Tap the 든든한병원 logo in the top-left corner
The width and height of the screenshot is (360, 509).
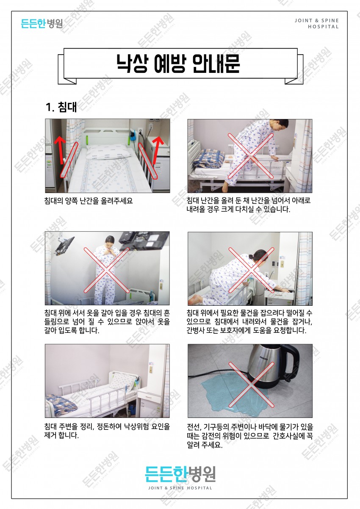pyautogui.click(x=42, y=23)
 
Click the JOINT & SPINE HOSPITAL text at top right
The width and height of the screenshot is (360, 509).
pyautogui.click(x=317, y=23)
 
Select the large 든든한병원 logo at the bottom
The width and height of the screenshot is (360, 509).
pyautogui.click(x=180, y=473)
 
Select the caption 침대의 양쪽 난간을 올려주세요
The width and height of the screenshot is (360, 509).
pyautogui.click(x=89, y=201)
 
